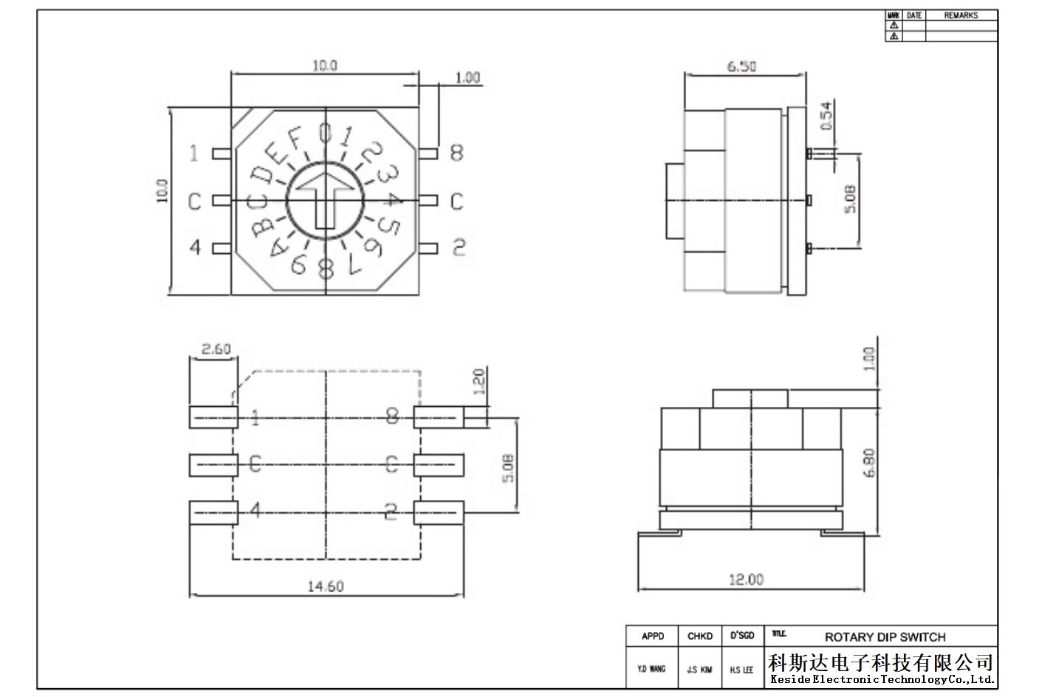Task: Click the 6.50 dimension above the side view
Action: [x=741, y=66]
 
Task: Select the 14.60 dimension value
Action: [x=326, y=587]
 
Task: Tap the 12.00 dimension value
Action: [x=747, y=580]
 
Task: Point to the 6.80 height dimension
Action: [x=869, y=463]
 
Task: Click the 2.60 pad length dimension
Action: [x=216, y=348]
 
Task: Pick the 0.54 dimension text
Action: [x=826, y=116]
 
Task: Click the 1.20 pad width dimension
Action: [x=479, y=381]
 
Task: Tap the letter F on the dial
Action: [x=295, y=138]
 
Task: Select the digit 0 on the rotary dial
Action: [x=325, y=133]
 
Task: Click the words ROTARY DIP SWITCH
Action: [x=885, y=637]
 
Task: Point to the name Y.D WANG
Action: [x=651, y=669]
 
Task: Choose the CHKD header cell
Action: [x=700, y=636]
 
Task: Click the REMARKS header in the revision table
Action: [x=961, y=16]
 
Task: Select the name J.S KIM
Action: [x=699, y=670]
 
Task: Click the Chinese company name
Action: [x=880, y=663]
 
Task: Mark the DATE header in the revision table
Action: [x=913, y=16]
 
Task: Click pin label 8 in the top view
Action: [x=457, y=153]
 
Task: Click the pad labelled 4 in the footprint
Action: [x=214, y=512]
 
